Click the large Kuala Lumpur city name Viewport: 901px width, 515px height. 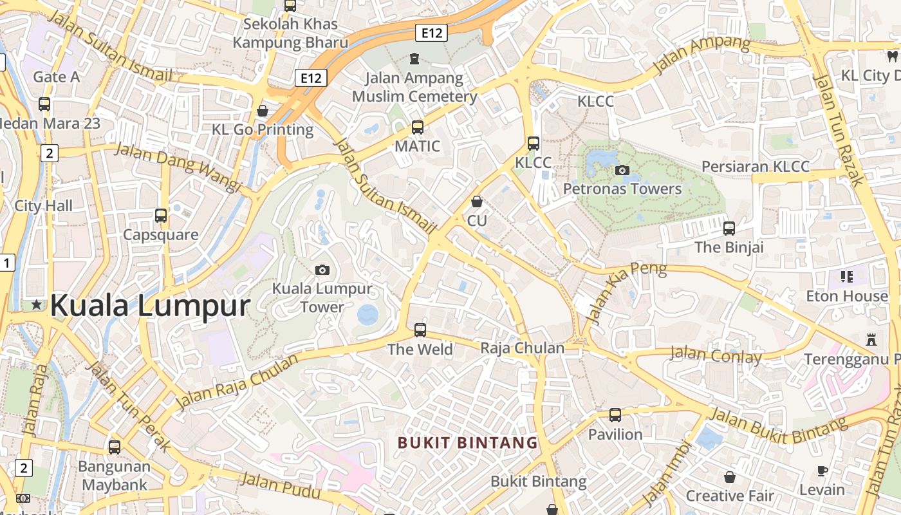click(x=150, y=306)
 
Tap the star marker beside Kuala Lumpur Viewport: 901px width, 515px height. click(x=36, y=304)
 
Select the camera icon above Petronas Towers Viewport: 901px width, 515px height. click(x=622, y=170)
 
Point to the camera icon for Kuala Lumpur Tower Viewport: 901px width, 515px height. click(x=322, y=270)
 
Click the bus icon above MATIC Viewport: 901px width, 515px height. click(x=418, y=127)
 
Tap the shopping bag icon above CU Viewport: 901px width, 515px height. click(x=477, y=202)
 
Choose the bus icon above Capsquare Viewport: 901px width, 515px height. click(x=161, y=216)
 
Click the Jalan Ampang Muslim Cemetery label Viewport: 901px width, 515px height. click(x=414, y=88)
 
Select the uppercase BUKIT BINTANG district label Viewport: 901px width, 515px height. click(x=467, y=443)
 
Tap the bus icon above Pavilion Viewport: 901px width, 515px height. click(x=615, y=415)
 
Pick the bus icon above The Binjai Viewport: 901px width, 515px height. click(x=729, y=229)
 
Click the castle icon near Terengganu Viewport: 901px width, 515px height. click(x=871, y=339)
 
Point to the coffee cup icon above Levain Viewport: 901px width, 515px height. click(x=822, y=471)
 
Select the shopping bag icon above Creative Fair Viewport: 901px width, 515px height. click(x=730, y=477)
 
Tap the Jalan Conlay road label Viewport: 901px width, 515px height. click(x=716, y=355)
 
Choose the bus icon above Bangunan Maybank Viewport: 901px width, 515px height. click(x=115, y=447)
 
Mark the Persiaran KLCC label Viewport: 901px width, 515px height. click(x=756, y=167)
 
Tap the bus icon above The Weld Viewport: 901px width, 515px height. click(x=420, y=330)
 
